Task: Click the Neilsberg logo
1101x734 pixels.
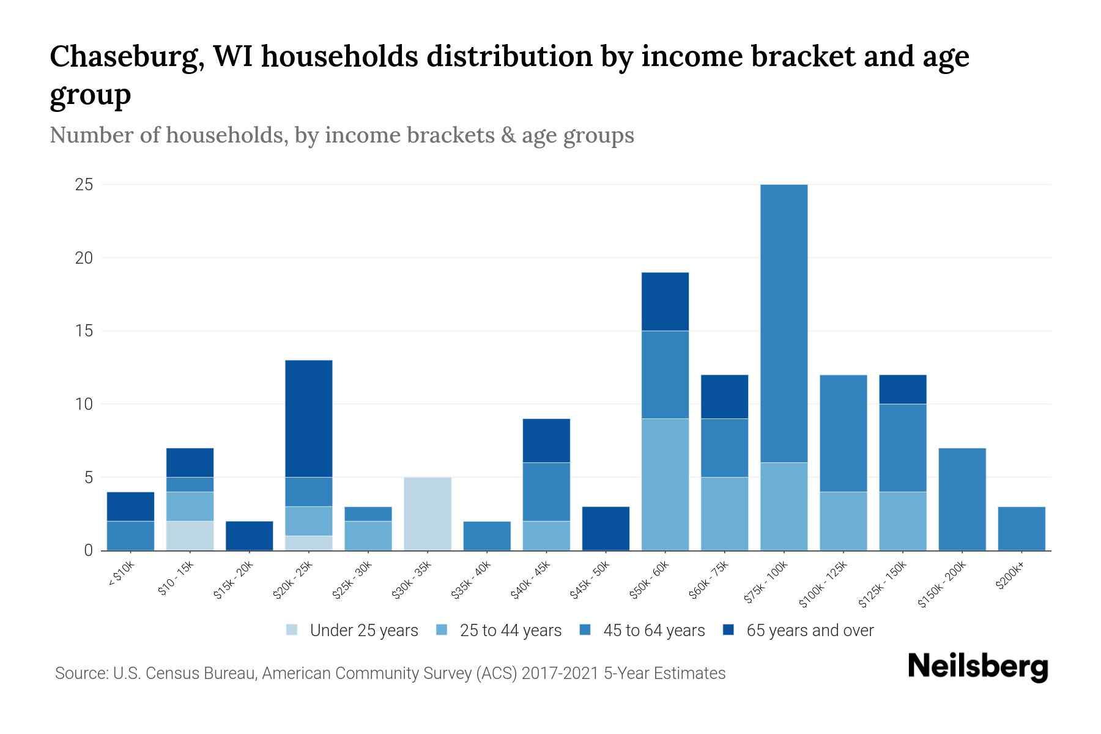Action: [977, 667]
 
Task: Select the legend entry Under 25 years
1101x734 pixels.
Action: [363, 631]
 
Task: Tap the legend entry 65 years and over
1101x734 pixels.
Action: [809, 631]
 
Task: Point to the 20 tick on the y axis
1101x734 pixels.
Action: [84, 258]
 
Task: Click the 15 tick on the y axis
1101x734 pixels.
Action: [84, 331]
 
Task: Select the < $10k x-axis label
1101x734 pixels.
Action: [121, 576]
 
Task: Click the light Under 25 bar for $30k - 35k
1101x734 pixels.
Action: [428, 514]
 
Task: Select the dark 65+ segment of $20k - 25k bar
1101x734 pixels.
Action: [309, 418]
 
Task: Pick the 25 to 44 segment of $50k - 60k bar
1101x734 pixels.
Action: [665, 484]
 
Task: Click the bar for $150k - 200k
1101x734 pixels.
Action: [962, 499]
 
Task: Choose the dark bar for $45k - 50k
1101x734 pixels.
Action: [606, 528]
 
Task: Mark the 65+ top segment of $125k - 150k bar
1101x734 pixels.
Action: [902, 389]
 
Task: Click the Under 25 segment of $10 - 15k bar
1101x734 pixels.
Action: [190, 536]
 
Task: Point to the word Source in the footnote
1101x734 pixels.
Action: [80, 673]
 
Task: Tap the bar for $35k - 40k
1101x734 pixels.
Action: [487, 536]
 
